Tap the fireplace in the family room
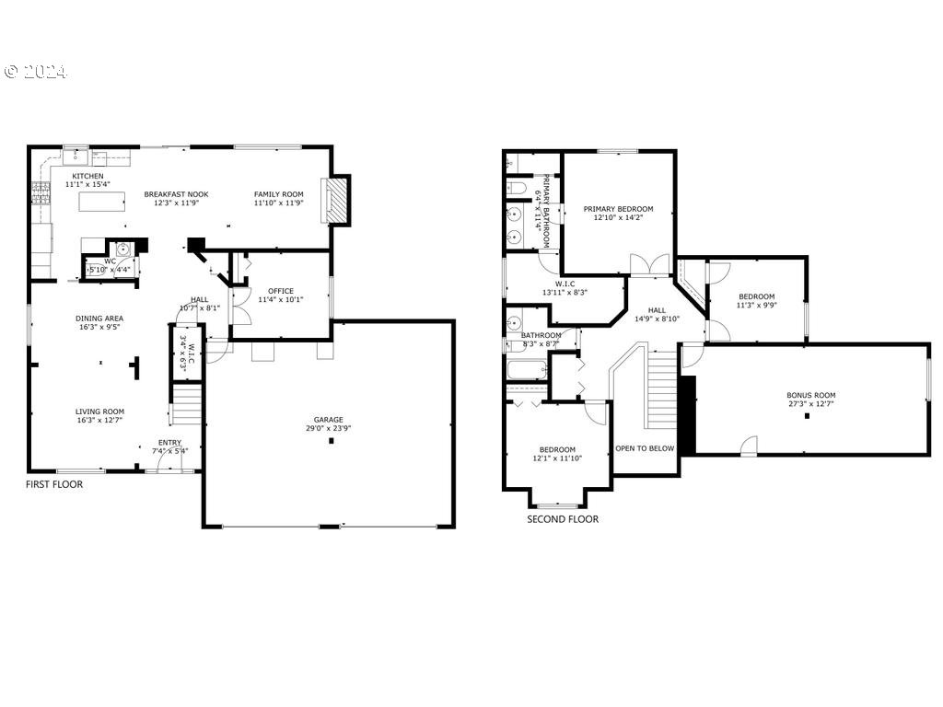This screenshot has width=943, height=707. point(338,200)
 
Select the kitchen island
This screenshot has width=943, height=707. point(101,201)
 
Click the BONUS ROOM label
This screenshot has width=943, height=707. point(810,395)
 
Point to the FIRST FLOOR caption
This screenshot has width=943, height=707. point(53,484)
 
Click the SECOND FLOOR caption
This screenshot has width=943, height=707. point(563,519)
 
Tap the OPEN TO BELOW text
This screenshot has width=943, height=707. point(645,448)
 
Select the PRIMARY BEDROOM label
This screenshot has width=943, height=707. point(618,209)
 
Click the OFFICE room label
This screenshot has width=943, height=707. point(281,291)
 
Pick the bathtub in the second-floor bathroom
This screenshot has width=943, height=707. point(526,369)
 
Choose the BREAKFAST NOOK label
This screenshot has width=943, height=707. point(176,194)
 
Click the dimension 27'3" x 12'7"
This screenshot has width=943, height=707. point(810,404)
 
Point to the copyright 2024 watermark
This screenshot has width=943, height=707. point(35,72)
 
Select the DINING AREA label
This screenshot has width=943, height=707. point(99,319)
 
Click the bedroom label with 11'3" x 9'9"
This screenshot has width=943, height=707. point(756,296)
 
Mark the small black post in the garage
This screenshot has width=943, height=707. point(331,440)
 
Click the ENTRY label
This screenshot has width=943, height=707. point(169,443)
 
